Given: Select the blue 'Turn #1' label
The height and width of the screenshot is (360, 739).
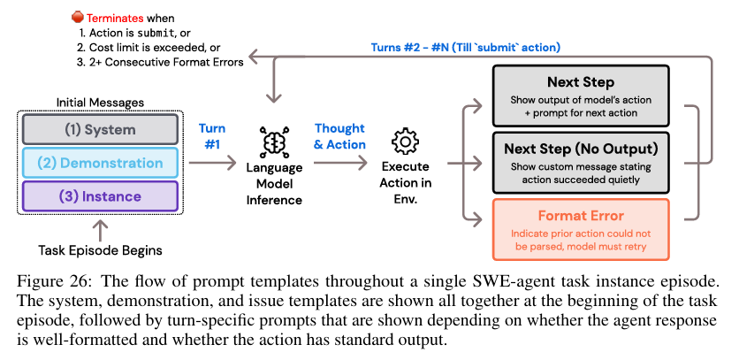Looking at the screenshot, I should [x=211, y=135].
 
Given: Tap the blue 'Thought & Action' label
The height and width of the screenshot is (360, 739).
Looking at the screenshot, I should [x=339, y=135].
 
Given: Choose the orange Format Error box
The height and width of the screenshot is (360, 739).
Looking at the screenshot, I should [x=581, y=227].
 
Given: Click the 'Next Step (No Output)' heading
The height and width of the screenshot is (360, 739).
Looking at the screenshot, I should [x=581, y=148].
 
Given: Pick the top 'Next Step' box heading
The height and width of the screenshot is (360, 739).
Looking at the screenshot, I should [x=581, y=82].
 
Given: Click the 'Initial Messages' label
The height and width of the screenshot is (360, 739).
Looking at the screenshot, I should [x=99, y=103].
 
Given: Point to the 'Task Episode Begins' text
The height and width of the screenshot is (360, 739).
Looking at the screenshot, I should [x=99, y=250].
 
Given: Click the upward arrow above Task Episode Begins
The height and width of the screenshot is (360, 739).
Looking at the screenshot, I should [x=99, y=229].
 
